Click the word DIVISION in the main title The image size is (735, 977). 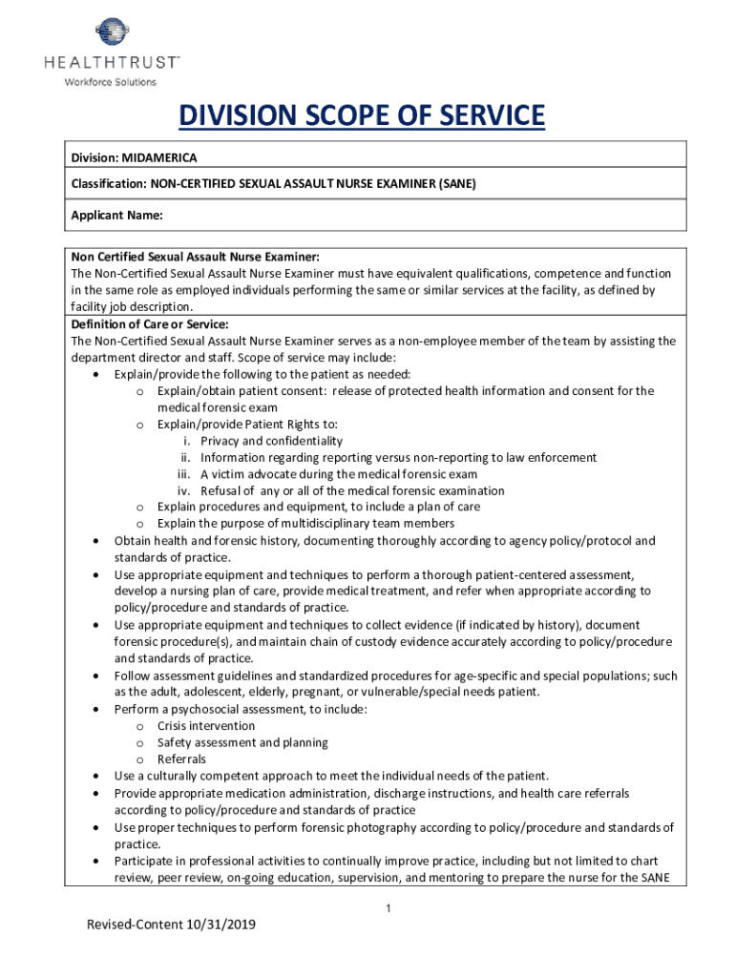237,117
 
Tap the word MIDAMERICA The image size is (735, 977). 161,157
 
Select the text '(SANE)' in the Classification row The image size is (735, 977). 456,182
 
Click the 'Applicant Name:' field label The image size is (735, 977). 116,216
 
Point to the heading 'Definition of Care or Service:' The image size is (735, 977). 150,324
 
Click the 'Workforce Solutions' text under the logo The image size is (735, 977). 110,82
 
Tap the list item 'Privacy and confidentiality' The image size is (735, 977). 271,441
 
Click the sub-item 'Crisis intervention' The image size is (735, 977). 206,726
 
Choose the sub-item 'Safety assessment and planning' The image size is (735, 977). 242,742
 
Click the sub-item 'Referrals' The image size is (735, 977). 181,759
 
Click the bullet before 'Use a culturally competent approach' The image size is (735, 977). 96,777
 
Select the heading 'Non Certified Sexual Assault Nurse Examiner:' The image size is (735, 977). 195,258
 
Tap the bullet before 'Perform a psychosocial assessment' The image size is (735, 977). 96,710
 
